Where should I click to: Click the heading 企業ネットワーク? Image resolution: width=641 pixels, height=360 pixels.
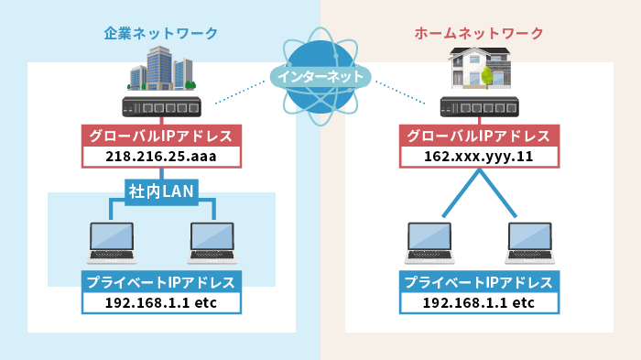point(160,34)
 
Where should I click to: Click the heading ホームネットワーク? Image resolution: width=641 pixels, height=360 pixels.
point(479,34)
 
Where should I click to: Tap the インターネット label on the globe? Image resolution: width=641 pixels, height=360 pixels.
point(320,77)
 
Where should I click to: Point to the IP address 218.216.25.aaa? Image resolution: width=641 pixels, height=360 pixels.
point(160,157)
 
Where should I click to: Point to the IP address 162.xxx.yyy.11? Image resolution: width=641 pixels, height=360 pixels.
point(479,157)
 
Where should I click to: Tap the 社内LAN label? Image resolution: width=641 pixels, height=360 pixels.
point(161,191)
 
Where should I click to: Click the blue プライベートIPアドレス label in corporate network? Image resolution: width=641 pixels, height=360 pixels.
point(160,282)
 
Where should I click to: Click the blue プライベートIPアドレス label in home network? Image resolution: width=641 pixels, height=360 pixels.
point(479,282)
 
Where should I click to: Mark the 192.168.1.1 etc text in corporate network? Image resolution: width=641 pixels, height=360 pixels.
point(160,302)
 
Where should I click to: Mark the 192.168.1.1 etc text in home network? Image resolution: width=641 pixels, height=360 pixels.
point(479,302)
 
